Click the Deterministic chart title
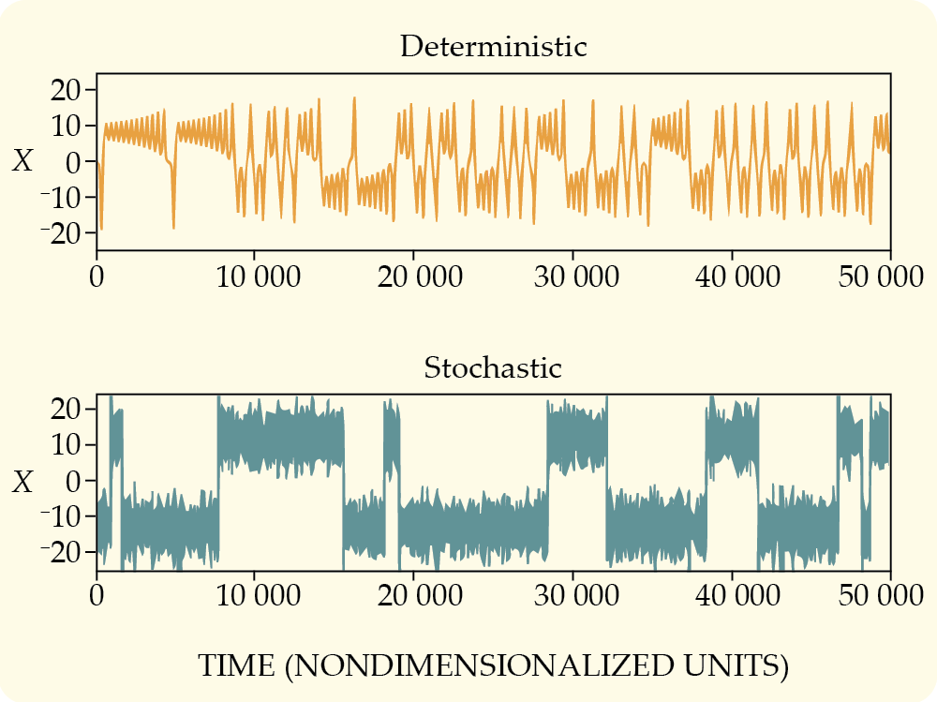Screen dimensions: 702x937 (x=493, y=47)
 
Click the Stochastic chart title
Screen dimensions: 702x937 (x=493, y=367)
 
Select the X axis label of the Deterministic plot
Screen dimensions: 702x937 (x=23, y=162)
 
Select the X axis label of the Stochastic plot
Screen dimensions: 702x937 (x=23, y=483)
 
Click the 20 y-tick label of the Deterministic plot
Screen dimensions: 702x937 (x=67, y=90)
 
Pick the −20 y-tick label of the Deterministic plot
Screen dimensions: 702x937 (x=59, y=233)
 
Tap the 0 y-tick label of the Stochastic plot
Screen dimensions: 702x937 (x=74, y=482)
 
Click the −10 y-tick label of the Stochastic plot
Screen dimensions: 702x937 (x=59, y=517)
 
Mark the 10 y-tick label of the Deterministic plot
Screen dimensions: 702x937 (x=67, y=126)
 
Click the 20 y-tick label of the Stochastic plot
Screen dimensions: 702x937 (x=67, y=411)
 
